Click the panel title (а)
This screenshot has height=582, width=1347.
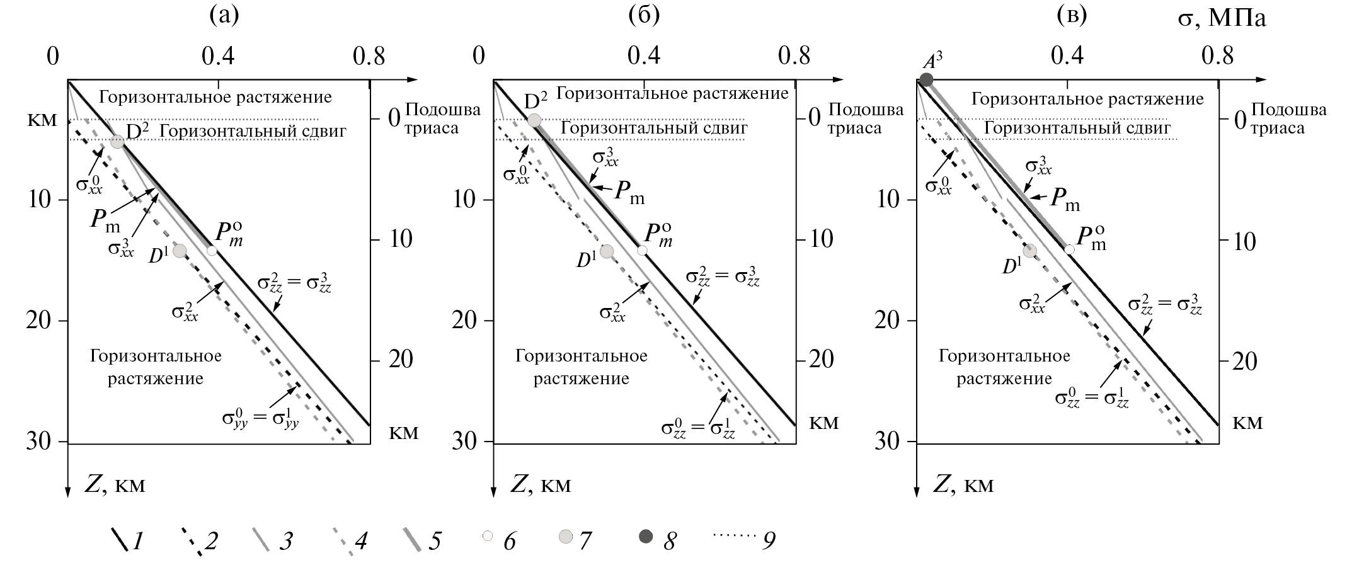(224, 16)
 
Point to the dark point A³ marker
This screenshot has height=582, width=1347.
(926, 80)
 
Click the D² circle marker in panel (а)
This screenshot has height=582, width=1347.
(117, 142)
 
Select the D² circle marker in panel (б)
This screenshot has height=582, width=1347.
(534, 120)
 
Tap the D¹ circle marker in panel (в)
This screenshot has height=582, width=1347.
(1029, 251)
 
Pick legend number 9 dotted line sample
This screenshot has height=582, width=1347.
(735, 536)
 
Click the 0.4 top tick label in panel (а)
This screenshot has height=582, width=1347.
(219, 57)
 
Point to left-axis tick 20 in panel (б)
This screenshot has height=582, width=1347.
(467, 321)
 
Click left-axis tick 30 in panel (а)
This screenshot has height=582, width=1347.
(41, 442)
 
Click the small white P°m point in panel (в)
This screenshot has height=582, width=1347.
(1070, 249)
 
